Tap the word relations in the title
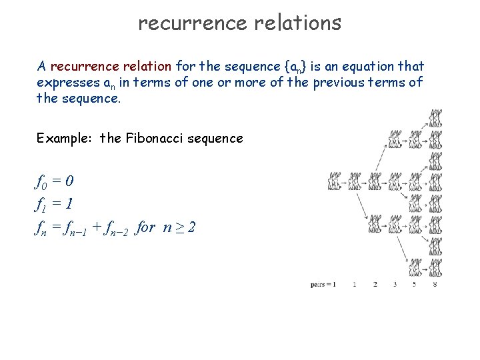pyautogui.click(x=298, y=23)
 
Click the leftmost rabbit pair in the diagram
pyautogui.click(x=335, y=181)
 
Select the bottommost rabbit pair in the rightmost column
pyautogui.click(x=435, y=267)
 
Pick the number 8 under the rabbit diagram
pyautogui.click(x=435, y=285)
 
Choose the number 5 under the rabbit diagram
pyautogui.click(x=414, y=285)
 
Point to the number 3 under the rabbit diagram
pyautogui.click(x=395, y=285)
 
